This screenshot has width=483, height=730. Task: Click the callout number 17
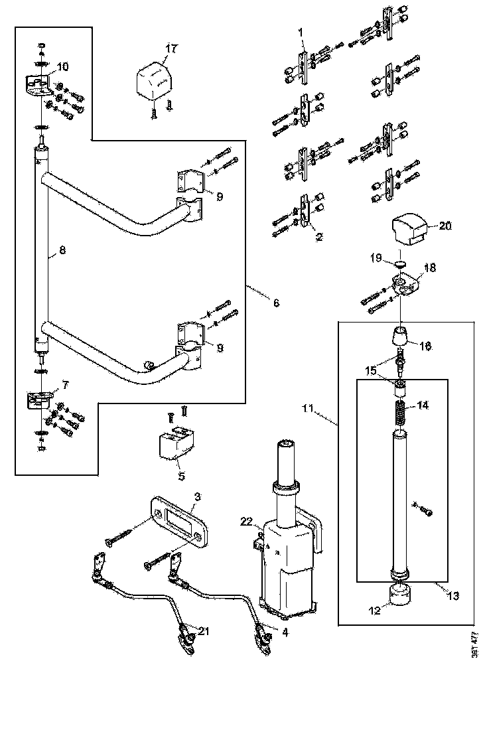[171, 48]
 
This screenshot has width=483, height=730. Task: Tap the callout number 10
[62, 66]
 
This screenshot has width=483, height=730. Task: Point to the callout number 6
[275, 303]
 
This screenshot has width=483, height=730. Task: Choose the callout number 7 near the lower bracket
[64, 385]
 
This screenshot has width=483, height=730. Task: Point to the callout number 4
[285, 632]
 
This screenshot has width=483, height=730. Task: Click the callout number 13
[452, 596]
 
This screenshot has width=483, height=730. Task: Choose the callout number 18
[429, 267]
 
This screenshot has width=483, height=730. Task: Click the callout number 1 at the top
[300, 31]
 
